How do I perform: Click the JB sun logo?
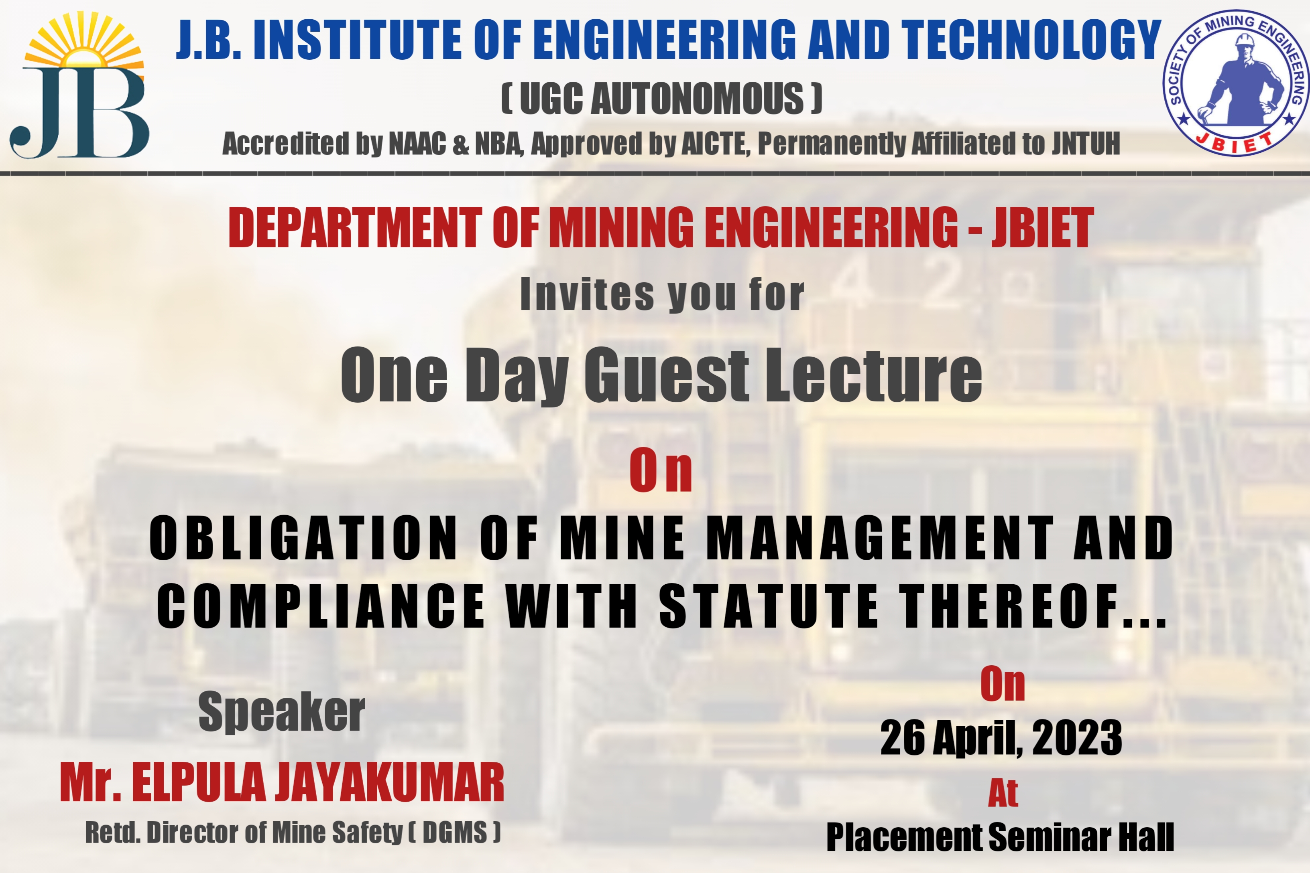79,85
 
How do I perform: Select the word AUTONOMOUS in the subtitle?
697,99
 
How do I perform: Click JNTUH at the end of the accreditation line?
1086,144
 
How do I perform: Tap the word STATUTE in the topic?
769,606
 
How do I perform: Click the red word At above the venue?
1003,793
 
